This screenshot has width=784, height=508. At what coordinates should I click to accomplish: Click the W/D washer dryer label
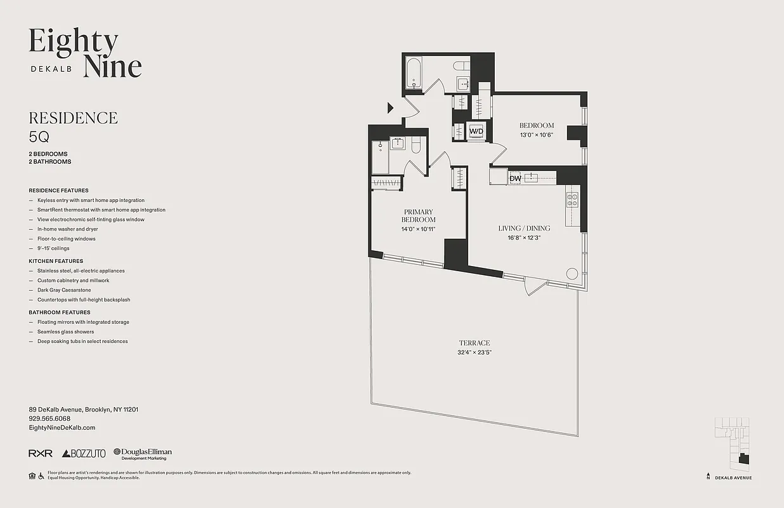476,131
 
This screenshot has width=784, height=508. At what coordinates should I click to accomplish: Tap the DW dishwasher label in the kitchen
515,179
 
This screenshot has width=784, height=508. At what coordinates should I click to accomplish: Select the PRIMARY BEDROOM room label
418,216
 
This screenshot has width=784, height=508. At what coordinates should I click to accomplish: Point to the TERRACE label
474,343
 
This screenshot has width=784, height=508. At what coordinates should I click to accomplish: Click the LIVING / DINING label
524,228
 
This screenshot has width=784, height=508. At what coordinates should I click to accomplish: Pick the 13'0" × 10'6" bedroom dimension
537,135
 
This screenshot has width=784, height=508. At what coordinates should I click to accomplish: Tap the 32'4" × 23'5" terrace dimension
474,352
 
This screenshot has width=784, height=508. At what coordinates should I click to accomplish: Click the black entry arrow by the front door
391,108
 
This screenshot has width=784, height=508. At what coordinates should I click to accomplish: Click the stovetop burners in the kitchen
572,201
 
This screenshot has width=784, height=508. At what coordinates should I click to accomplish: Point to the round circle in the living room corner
572,274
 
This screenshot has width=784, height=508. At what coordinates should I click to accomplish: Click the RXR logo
41,453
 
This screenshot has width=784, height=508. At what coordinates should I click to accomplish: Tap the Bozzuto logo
84,453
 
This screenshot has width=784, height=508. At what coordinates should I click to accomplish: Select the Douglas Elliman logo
143,453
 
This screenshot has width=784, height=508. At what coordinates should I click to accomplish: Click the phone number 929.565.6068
49,419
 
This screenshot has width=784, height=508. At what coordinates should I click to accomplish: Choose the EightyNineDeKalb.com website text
62,428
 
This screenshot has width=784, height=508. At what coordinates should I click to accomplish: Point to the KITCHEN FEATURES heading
56,261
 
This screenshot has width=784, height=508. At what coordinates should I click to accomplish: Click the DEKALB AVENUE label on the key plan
733,478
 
